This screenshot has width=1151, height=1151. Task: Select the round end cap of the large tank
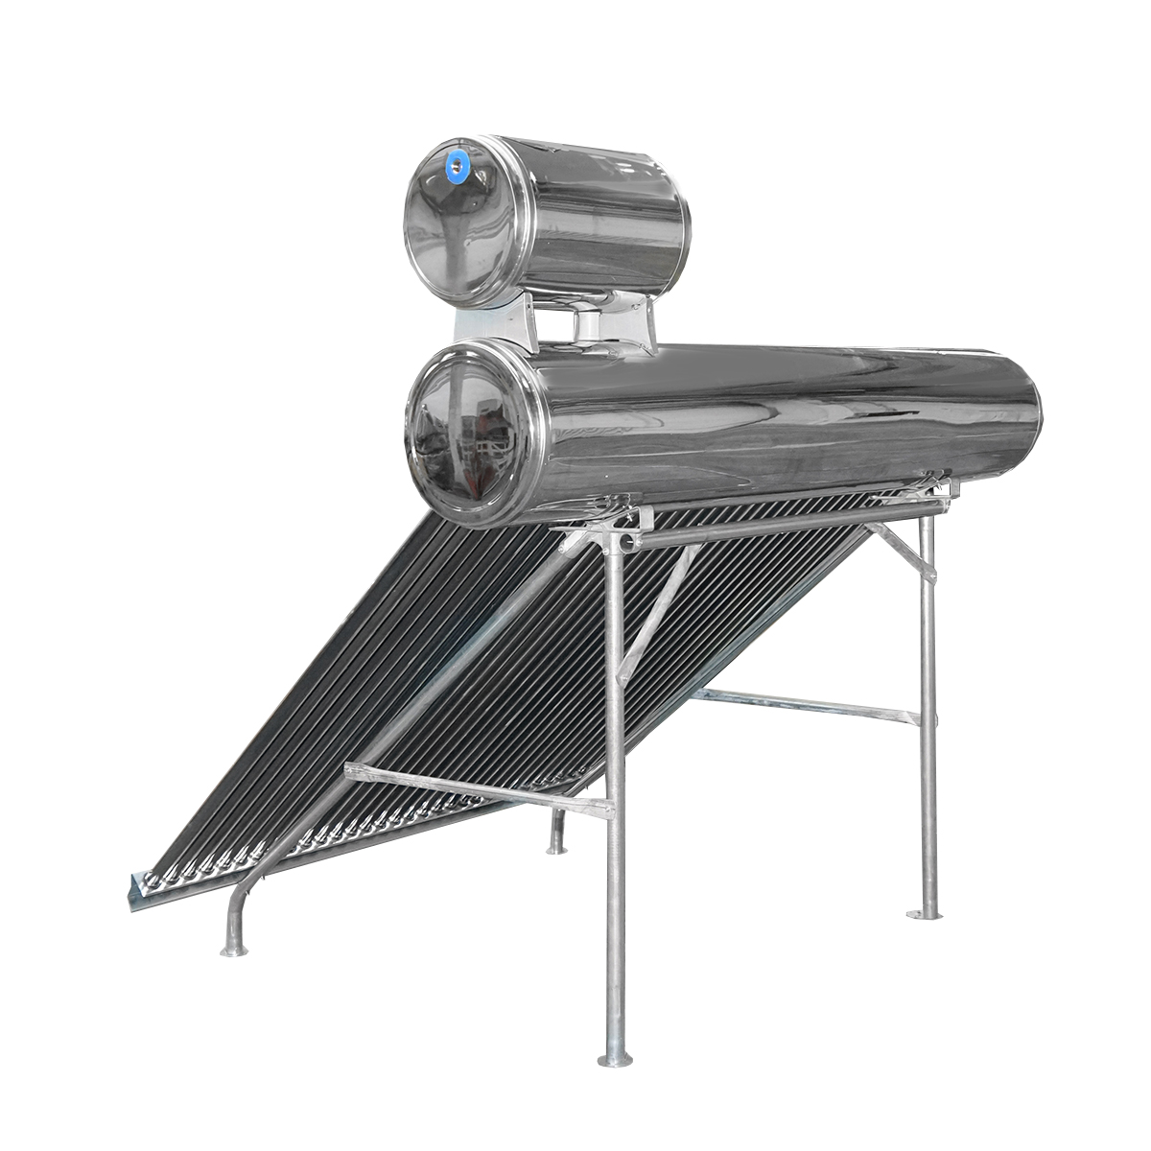click(467, 432)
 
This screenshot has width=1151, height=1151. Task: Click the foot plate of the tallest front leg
click(615, 1059)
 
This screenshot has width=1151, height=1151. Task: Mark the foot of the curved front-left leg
click(233, 950)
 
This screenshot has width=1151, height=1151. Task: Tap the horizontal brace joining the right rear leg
click(806, 706)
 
